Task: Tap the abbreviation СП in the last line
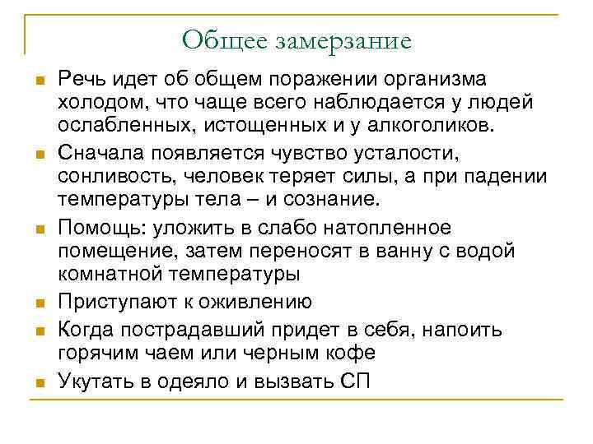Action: point(355,381)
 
